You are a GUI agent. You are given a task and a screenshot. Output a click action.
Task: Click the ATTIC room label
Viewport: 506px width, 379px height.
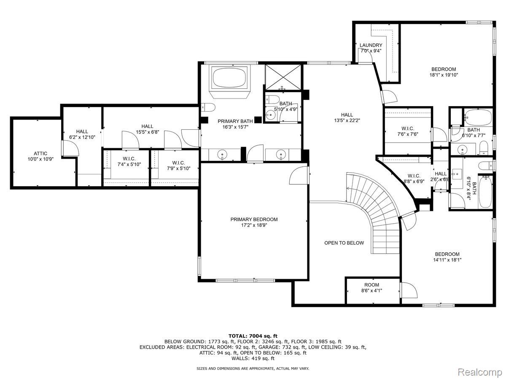[40, 153]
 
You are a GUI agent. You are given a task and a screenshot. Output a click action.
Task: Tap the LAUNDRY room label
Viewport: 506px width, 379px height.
[371, 45]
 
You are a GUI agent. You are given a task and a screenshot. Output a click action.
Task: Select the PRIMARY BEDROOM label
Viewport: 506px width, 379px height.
[254, 219]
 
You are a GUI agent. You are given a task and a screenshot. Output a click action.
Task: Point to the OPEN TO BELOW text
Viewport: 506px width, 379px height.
[344, 243]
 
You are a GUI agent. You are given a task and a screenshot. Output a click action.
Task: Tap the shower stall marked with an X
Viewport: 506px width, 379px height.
[283, 77]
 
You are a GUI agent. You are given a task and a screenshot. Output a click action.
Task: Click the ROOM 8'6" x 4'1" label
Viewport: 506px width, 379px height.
[371, 288]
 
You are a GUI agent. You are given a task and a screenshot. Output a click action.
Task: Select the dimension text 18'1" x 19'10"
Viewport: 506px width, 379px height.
[444, 75]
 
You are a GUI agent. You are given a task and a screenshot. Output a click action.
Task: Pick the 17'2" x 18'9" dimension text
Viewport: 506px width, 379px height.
[254, 225]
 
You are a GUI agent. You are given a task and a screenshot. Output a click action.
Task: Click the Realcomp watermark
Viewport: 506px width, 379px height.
[480, 372]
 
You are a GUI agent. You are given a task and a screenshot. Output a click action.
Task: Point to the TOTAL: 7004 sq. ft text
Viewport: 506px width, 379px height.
[253, 336]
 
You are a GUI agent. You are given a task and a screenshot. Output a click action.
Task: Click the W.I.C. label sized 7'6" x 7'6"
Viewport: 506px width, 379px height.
[408, 128]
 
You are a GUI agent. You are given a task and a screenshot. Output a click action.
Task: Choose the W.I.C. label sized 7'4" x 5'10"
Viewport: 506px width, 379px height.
[129, 159]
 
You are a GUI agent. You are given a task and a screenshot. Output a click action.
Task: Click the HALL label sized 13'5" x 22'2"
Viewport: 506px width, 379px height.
[347, 115]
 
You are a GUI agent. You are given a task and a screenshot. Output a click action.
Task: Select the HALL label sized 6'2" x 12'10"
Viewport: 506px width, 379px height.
[82, 132]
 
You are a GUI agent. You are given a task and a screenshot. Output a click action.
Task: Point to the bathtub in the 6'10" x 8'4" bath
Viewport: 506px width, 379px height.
[485, 192]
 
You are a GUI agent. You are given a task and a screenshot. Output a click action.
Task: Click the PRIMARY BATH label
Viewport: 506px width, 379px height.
[235, 121]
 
